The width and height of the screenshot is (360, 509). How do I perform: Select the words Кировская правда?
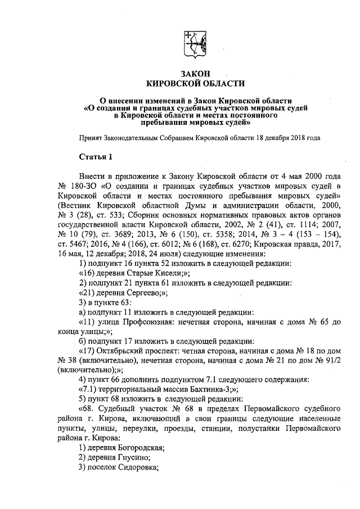pos(282,244)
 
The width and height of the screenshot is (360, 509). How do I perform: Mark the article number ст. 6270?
pos(233,244)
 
